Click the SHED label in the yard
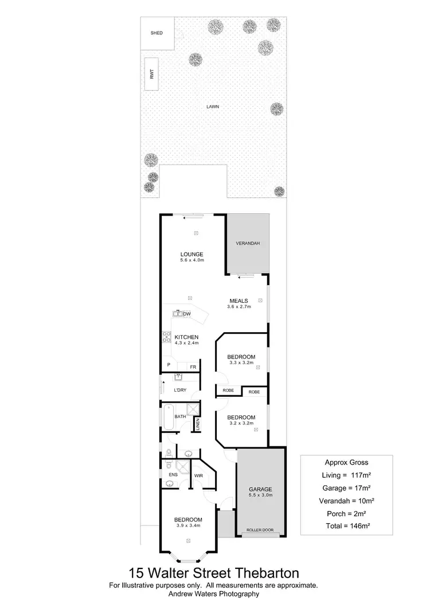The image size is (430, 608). pos(157,33)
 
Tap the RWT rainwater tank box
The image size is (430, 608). pos(152,74)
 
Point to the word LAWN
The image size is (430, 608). pos(214,107)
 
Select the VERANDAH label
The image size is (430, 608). pos(248,244)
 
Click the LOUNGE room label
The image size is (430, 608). pos(192,254)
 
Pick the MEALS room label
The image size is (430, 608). pos(239,301)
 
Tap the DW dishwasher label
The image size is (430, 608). pos(187,313)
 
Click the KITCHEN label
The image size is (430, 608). pos(186,337)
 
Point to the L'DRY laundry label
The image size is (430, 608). pos(180,391)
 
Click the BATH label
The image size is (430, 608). pos(180,416)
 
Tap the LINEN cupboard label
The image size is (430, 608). pos(197,425)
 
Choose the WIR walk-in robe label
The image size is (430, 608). pos(199,476)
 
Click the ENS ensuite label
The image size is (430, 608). pos(173,475)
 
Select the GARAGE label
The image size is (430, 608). pos(260,489)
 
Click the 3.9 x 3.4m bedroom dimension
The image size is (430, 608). pos(189,525)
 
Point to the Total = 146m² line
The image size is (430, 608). pos(346,525)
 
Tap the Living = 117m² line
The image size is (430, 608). pos(346,474)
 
